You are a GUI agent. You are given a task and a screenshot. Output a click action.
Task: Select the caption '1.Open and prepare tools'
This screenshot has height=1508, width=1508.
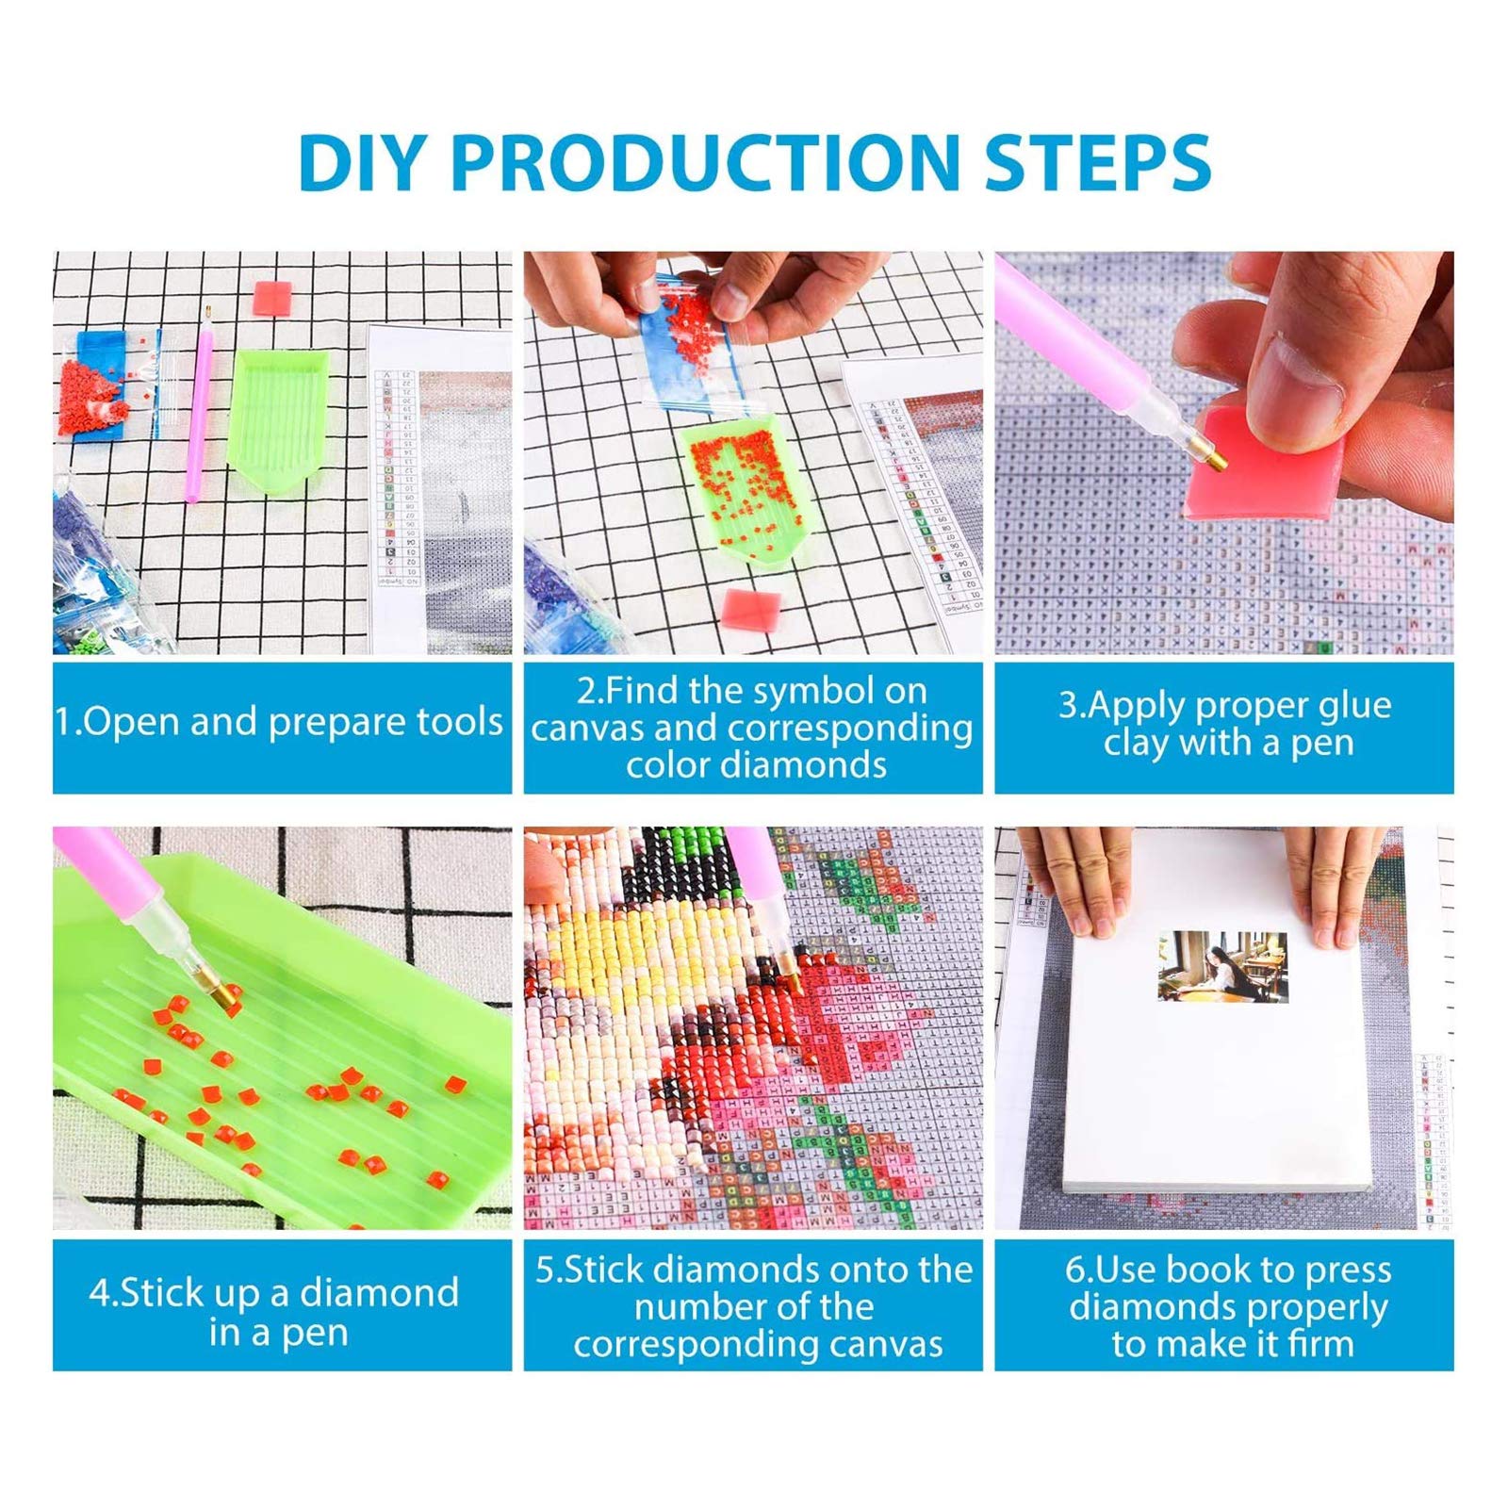click(x=279, y=722)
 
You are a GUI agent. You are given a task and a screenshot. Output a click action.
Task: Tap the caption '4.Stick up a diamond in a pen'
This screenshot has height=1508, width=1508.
click(x=275, y=1310)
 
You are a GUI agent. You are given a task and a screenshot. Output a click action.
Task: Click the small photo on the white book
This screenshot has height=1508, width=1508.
click(x=1221, y=967)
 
